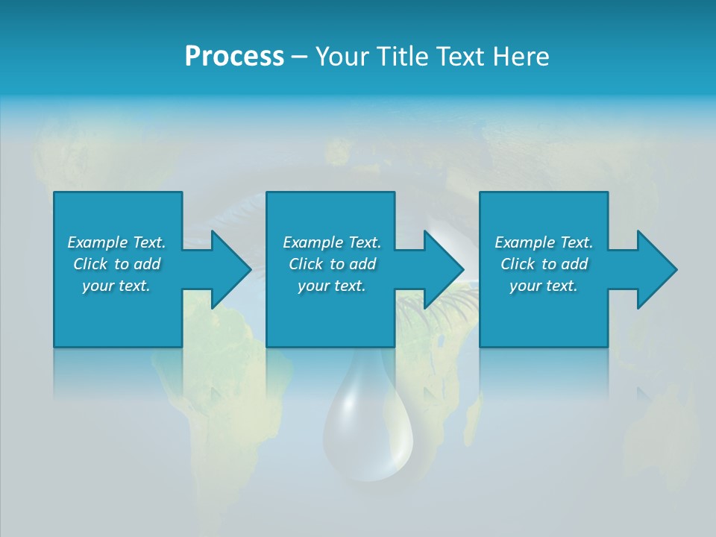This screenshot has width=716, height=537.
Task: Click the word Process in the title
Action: coord(234,57)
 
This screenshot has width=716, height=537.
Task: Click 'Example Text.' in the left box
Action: coord(116,242)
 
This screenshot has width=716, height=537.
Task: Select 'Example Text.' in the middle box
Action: coord(332,242)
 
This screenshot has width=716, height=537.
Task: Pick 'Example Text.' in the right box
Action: coord(544,242)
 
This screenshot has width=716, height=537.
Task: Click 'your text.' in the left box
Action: coord(116,286)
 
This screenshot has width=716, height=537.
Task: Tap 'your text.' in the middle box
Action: coord(332,286)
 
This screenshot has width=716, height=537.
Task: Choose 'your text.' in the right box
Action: coord(544,286)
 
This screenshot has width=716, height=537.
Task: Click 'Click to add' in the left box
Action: coord(116,264)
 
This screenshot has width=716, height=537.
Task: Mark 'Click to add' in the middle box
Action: coord(332,264)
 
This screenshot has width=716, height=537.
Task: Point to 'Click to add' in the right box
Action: coord(544,264)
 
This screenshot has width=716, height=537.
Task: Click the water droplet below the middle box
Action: coord(368,433)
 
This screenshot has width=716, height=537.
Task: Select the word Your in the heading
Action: coord(343,57)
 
